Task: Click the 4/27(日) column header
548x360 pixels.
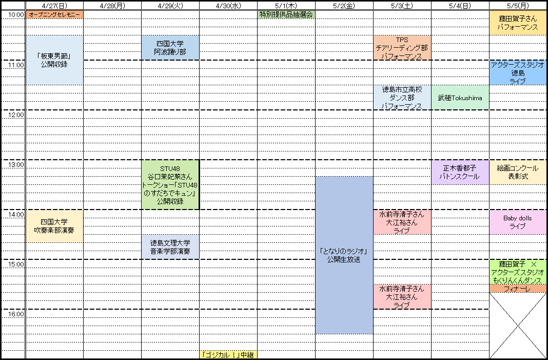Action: [x=54, y=6]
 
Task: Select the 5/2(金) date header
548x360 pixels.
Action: [x=344, y=6]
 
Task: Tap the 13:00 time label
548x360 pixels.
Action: [x=16, y=165]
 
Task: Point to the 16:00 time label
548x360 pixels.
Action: [x=16, y=314]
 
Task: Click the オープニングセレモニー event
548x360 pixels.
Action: [x=54, y=14]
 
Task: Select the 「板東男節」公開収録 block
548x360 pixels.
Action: [x=54, y=60]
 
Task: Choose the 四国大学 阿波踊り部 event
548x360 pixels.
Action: [x=170, y=48]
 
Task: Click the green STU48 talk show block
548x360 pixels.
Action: [x=170, y=184]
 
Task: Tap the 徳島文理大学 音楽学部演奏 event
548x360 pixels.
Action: [x=170, y=247]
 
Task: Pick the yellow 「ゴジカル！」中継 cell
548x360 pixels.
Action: [x=228, y=354]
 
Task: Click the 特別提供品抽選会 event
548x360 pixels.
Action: [x=286, y=14]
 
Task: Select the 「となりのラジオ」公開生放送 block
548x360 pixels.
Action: [x=344, y=255]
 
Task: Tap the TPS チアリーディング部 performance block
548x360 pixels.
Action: [x=402, y=48]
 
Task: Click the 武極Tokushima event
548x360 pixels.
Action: [x=460, y=98]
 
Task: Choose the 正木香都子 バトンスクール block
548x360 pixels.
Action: [x=460, y=172]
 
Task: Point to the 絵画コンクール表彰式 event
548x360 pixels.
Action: [x=518, y=172]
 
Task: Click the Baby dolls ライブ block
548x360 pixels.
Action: [x=518, y=222]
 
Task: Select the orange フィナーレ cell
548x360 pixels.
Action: [x=518, y=289]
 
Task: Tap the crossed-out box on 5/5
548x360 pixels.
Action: [x=518, y=326]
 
